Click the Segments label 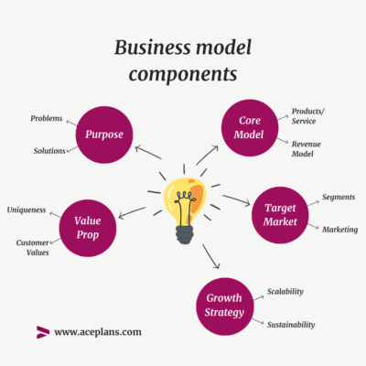(x=339, y=197)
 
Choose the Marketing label (x=339, y=229)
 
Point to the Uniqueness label (x=27, y=210)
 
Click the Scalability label (x=285, y=292)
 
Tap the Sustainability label (x=291, y=324)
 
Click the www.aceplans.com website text (x=98, y=332)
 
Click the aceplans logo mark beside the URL (x=42, y=332)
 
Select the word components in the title (x=183, y=74)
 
